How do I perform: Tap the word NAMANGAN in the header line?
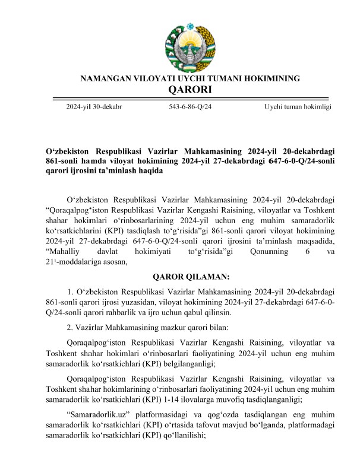(x=103, y=78)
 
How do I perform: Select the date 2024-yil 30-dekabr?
(x=94, y=107)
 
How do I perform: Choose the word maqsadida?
(x=314, y=241)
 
